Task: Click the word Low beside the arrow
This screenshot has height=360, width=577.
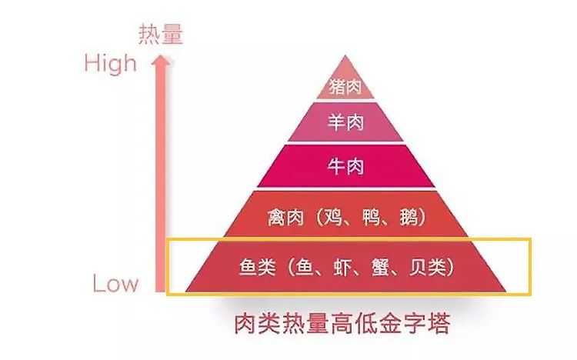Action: click(x=116, y=284)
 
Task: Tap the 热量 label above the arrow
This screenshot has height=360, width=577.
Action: click(x=162, y=34)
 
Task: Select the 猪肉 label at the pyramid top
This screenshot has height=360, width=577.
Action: click(x=345, y=86)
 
